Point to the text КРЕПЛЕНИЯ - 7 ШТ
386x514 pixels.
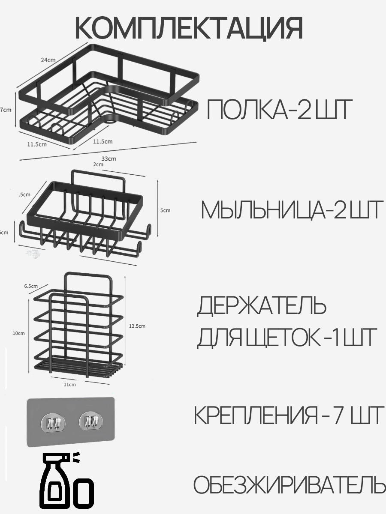coord(288,415)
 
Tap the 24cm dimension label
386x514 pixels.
coord(48,60)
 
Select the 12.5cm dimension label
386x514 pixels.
coord(137,326)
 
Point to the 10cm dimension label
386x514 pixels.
coord(18,333)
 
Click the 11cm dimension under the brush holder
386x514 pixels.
coord(69,385)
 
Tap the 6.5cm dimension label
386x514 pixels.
coord(30,286)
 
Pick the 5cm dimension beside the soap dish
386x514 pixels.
coord(165,210)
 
